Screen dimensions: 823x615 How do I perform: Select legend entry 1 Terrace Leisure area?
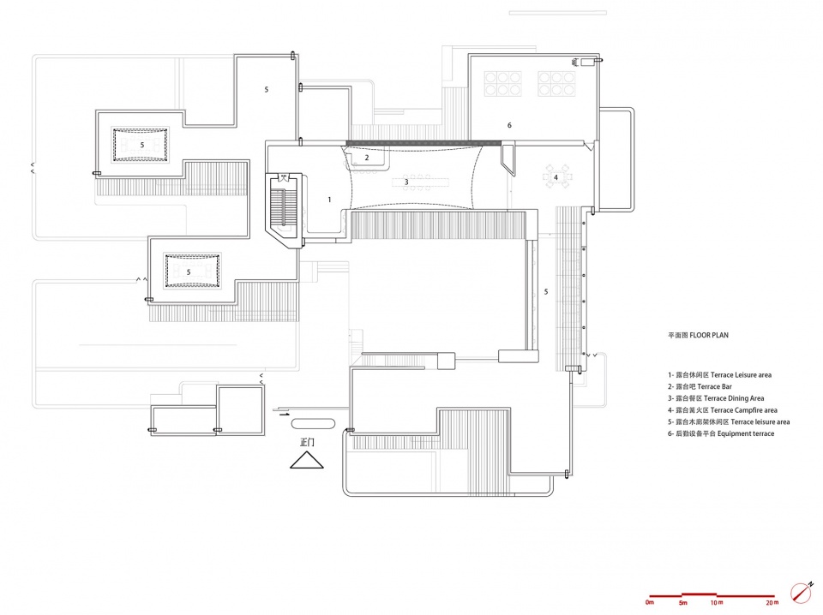[x=719, y=375]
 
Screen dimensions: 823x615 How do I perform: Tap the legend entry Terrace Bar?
[x=700, y=386]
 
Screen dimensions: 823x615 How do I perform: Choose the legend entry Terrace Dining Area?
[x=716, y=398]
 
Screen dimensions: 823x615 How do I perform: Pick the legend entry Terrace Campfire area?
[x=722, y=410]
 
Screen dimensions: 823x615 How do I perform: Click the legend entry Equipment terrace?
[x=721, y=433]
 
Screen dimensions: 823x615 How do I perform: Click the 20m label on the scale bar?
[x=772, y=603]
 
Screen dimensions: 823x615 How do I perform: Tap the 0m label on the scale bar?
[x=650, y=602]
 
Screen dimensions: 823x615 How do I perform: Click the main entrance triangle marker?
[x=307, y=460]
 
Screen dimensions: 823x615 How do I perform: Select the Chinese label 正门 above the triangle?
[x=307, y=443]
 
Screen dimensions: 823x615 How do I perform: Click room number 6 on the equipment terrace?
[x=509, y=125]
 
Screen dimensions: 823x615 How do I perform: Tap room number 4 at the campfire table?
[x=556, y=177]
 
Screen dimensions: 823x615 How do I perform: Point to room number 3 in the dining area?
[x=406, y=182]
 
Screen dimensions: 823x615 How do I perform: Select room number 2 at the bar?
[x=367, y=158]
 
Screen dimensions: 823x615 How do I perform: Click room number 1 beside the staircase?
[x=329, y=200]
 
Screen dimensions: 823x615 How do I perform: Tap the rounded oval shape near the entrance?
[x=313, y=423]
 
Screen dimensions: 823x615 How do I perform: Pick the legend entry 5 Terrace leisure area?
[x=729, y=421]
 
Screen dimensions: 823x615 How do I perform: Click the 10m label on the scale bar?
[x=717, y=603]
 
